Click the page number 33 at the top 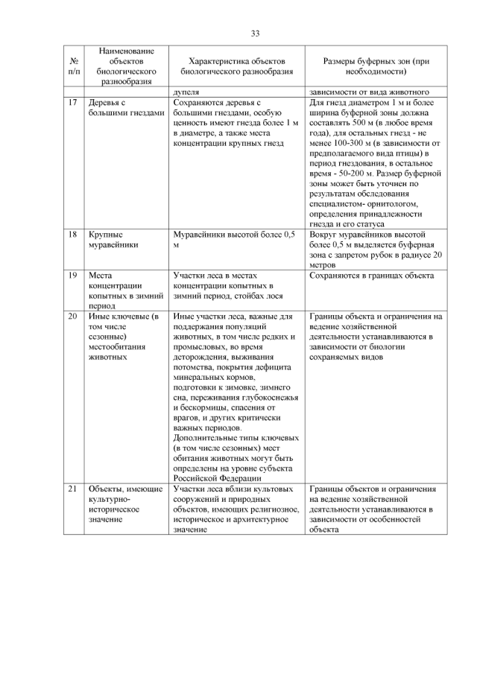(255, 34)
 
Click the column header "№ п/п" (74, 66)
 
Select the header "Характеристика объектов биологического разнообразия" (237, 66)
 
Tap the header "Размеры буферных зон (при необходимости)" (376, 66)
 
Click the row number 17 (73, 103)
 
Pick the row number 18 (73, 235)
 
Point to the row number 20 (73, 317)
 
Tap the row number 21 (73, 489)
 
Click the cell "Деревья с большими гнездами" (123, 108)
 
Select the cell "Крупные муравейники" (111, 239)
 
